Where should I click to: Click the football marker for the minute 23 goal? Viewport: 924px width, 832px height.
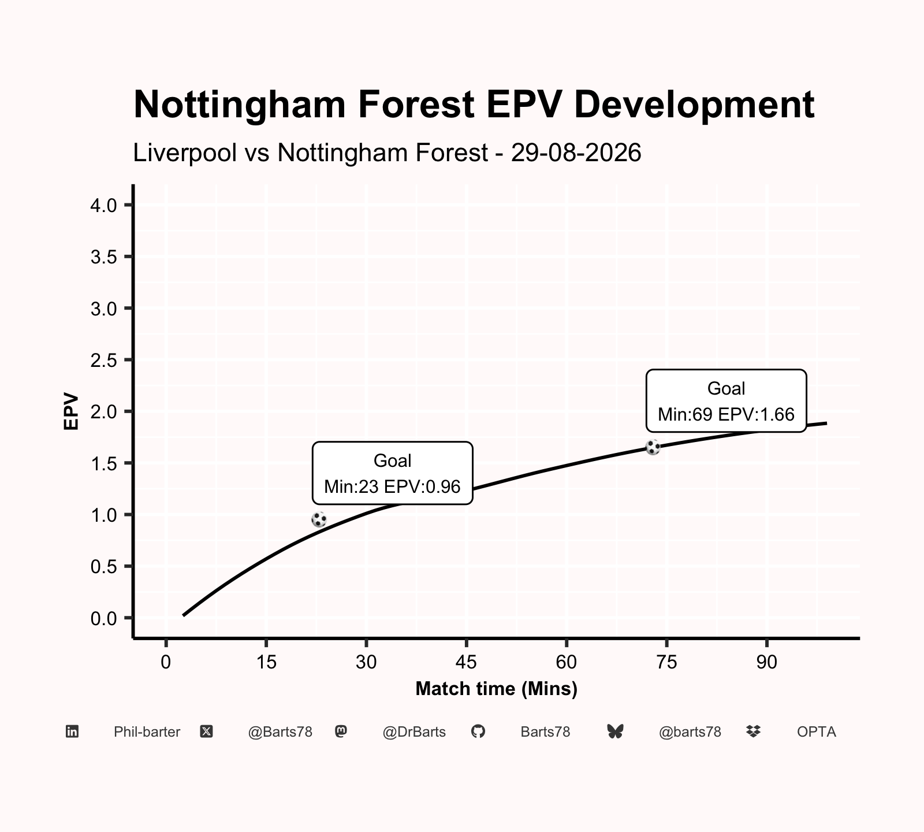pyautogui.click(x=319, y=519)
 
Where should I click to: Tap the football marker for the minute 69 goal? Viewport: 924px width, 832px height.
pyautogui.click(x=653, y=447)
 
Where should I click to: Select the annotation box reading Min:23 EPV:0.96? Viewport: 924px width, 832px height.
pyautogui.click(x=393, y=473)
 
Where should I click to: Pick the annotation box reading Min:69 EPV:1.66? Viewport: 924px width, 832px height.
pyautogui.click(x=726, y=401)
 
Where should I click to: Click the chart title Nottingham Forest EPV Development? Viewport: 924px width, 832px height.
pyautogui.click(x=474, y=105)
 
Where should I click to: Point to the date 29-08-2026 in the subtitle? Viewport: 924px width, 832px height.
pyautogui.click(x=576, y=153)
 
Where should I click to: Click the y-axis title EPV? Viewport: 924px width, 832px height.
pyautogui.click(x=71, y=411)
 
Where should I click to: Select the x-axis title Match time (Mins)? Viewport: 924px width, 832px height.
pyautogui.click(x=497, y=689)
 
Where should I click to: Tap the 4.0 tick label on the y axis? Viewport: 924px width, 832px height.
pyautogui.click(x=104, y=205)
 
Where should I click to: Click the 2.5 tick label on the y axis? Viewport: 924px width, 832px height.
pyautogui.click(x=104, y=360)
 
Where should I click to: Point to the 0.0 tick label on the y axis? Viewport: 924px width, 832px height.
pyautogui.click(x=104, y=618)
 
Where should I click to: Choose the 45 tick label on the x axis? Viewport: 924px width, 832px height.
pyautogui.click(x=466, y=662)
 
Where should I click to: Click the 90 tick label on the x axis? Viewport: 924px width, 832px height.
pyautogui.click(x=767, y=662)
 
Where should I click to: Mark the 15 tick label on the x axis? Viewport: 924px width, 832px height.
pyautogui.click(x=266, y=662)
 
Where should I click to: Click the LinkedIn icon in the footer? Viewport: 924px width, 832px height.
pyautogui.click(x=72, y=731)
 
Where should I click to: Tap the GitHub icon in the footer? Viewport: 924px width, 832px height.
pyautogui.click(x=478, y=731)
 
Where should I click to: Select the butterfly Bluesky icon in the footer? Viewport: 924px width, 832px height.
pyautogui.click(x=616, y=731)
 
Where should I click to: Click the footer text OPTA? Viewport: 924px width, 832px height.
pyautogui.click(x=817, y=732)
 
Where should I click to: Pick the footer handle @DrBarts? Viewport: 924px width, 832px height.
pyautogui.click(x=414, y=732)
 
